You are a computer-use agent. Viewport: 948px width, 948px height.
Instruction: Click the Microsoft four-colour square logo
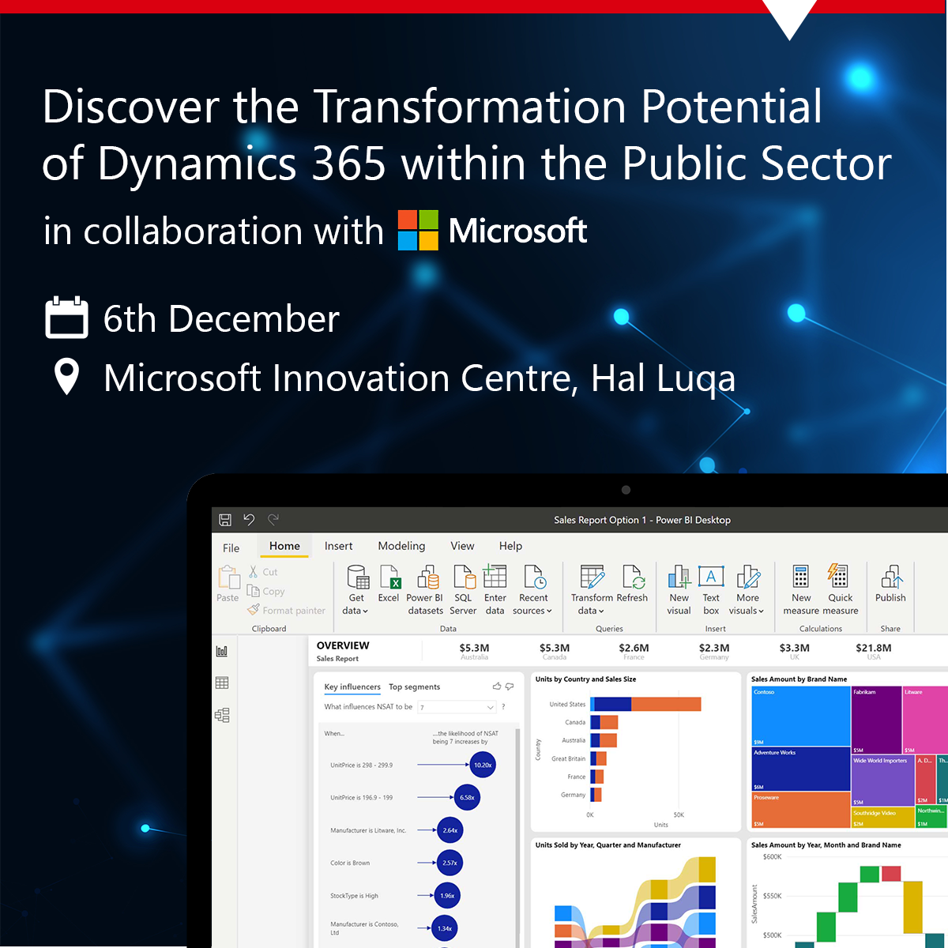tap(418, 231)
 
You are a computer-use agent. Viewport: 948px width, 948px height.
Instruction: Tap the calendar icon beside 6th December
tap(66, 318)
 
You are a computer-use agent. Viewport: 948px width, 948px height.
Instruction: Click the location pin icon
tap(66, 377)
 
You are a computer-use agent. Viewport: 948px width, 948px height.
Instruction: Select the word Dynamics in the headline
tap(197, 164)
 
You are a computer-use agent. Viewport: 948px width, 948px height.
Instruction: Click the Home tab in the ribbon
tap(284, 546)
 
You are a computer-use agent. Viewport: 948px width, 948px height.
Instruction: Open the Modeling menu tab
tap(401, 546)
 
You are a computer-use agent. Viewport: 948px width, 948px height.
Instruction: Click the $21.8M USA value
tap(873, 648)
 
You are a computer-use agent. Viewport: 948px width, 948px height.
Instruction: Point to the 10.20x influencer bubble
tap(482, 765)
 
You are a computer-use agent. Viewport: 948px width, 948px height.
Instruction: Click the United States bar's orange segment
tap(665, 704)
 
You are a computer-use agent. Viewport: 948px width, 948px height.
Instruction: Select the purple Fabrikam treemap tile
tap(875, 719)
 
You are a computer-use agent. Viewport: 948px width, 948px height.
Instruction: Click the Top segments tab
tap(414, 687)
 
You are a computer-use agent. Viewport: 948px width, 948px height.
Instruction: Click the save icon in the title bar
tap(225, 520)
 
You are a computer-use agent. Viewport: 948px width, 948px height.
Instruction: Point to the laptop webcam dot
tap(626, 490)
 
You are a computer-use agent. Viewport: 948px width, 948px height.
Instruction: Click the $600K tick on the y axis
tap(773, 857)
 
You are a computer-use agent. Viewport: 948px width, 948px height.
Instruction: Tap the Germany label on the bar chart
tap(573, 795)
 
